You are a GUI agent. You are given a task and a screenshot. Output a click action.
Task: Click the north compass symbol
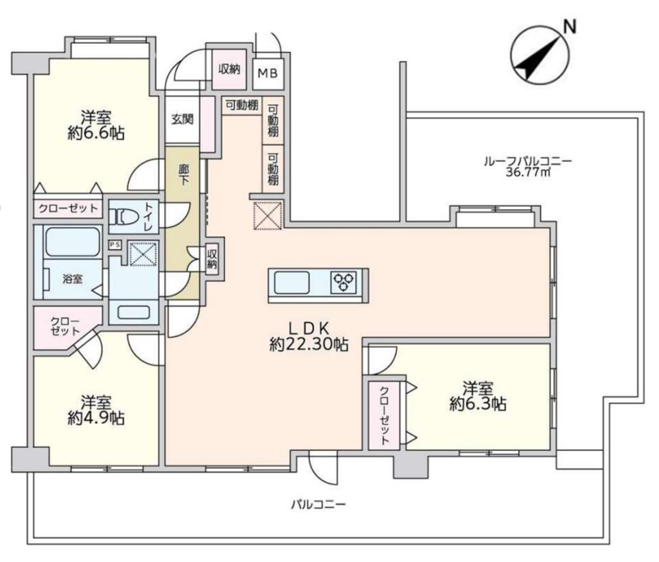[x=540, y=56]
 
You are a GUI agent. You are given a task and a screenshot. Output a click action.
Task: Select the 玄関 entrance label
[x=182, y=119]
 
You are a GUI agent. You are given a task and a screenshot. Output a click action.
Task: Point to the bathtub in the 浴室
[x=73, y=242]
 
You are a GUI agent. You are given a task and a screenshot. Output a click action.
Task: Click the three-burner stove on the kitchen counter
[x=344, y=282]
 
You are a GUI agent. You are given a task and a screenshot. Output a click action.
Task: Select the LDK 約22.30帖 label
[x=309, y=337]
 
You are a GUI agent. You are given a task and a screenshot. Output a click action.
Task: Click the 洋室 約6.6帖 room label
[x=96, y=125]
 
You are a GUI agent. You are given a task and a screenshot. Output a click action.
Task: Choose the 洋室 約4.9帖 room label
[x=96, y=410]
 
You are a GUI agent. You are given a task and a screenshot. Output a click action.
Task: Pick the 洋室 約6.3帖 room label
[x=478, y=395]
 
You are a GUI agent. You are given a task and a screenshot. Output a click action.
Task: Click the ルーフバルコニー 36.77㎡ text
[x=527, y=166]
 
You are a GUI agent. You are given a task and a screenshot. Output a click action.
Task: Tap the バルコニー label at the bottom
[x=319, y=504]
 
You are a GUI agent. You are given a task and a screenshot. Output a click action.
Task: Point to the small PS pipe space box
[x=115, y=244]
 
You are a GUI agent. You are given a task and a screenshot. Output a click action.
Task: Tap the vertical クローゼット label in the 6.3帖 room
[x=384, y=415]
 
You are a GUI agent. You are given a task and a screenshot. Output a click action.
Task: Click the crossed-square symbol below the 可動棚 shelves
[x=267, y=216]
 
